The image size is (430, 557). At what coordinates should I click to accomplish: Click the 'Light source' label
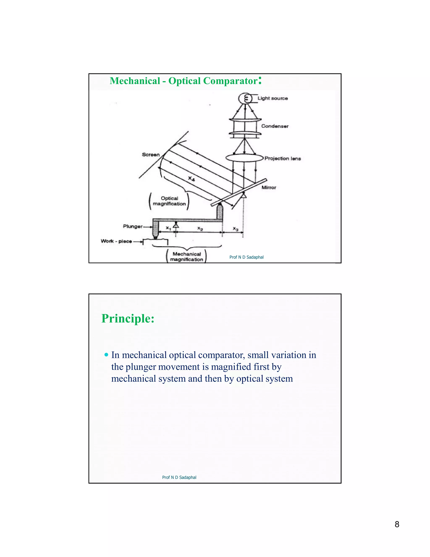273,98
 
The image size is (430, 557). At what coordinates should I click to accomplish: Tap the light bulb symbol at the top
245,98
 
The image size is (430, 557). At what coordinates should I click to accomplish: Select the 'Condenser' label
275,126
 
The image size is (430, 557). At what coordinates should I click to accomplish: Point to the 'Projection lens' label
283,158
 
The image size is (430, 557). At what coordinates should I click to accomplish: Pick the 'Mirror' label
269,187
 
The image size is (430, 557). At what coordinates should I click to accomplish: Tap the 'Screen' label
151,154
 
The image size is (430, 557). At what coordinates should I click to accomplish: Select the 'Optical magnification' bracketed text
169,201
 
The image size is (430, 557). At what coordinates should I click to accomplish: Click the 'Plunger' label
133,226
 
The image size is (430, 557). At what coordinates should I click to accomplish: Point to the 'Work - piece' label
116,241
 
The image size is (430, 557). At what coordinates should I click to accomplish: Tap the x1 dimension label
168,228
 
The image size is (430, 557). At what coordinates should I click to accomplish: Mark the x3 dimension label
236,229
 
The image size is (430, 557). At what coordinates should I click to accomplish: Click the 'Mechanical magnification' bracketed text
187,257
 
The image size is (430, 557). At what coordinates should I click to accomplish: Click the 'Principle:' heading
128,318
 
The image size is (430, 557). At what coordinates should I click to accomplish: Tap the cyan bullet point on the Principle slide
106,355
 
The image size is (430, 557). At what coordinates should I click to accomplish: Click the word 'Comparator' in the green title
230,81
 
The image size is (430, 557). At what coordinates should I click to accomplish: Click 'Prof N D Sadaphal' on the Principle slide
179,477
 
